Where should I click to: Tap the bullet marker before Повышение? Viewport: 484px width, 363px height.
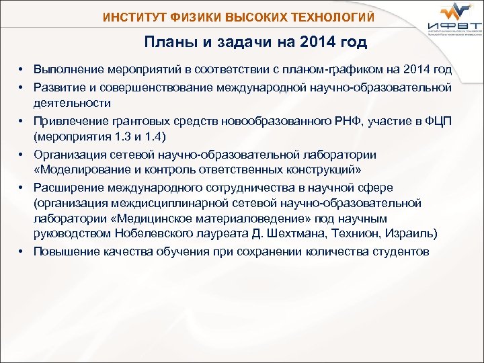click(22, 251)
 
